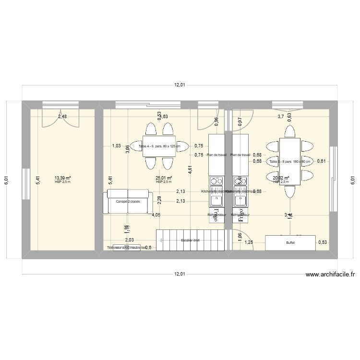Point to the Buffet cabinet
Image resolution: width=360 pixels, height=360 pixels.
point(290,243)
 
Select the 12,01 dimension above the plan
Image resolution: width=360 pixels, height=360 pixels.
point(180,85)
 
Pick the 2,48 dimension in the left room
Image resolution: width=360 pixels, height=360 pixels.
point(62,116)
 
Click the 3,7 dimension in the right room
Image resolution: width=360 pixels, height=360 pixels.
point(281,116)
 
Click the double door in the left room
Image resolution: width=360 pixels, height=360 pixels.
point(60,117)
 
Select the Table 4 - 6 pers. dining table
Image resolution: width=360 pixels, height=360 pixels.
point(159,146)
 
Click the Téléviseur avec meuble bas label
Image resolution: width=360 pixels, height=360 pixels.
point(126,248)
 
